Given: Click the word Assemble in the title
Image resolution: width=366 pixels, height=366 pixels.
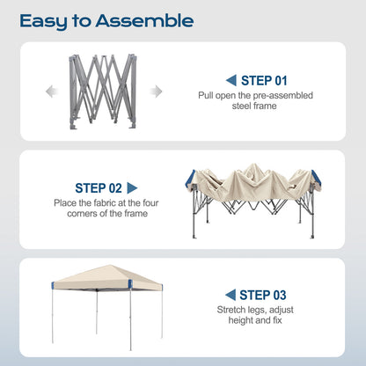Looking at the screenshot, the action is point(144,21).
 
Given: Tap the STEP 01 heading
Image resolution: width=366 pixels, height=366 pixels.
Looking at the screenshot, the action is point(264,81).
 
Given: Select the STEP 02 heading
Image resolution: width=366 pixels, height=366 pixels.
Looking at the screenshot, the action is point(99,188).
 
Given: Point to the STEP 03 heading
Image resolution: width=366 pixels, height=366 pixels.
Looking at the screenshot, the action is point(263,295).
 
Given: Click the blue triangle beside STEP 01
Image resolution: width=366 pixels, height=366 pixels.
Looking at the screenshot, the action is point(231,80).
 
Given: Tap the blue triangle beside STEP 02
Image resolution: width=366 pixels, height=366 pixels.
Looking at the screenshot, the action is point(132,188).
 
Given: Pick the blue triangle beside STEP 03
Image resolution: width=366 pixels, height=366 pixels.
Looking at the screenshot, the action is point(231,295).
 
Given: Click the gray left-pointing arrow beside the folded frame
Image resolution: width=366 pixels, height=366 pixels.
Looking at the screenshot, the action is point(52,91).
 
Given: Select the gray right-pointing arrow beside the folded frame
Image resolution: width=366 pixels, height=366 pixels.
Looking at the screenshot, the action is point(156,91).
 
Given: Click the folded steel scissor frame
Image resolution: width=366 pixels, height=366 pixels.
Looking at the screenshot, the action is point(103,91).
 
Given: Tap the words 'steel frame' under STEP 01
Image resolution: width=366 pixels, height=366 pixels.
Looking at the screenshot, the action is point(254,106).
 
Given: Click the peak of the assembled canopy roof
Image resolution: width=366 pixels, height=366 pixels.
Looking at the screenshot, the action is point(110,266).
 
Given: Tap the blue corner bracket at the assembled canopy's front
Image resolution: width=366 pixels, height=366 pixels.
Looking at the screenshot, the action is point(130,284).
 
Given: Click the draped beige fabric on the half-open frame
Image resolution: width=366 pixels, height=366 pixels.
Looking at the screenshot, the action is point(253,183).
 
